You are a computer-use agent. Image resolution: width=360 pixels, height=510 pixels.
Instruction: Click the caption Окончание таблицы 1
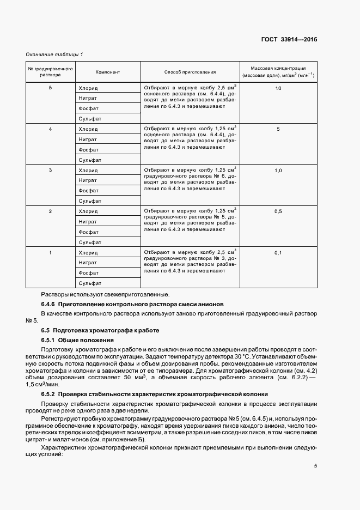[54, 54]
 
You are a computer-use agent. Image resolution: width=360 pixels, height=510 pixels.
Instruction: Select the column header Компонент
[108, 72]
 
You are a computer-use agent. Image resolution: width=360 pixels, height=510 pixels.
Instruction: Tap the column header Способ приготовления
[190, 72]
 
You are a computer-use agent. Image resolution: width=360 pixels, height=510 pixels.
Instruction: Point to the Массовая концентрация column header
[278, 72]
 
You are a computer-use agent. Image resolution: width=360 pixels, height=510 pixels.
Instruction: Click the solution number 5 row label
[50, 88]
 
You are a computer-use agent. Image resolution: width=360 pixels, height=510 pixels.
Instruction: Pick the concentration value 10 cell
[278, 88]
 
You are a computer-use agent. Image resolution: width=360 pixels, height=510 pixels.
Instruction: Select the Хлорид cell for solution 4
[88, 129]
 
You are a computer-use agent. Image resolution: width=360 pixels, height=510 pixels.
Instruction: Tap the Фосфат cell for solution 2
[88, 232]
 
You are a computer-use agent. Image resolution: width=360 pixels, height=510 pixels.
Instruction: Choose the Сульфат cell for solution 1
[90, 283]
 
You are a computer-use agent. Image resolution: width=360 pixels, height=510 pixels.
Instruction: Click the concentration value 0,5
[278, 211]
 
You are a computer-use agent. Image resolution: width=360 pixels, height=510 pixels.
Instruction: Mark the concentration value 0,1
[278, 252]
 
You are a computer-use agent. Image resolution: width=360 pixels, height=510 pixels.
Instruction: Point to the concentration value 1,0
[278, 170]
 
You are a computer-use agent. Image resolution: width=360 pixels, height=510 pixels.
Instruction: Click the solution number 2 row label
[50, 211]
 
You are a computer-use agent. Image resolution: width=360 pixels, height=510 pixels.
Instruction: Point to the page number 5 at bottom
[316, 465]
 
